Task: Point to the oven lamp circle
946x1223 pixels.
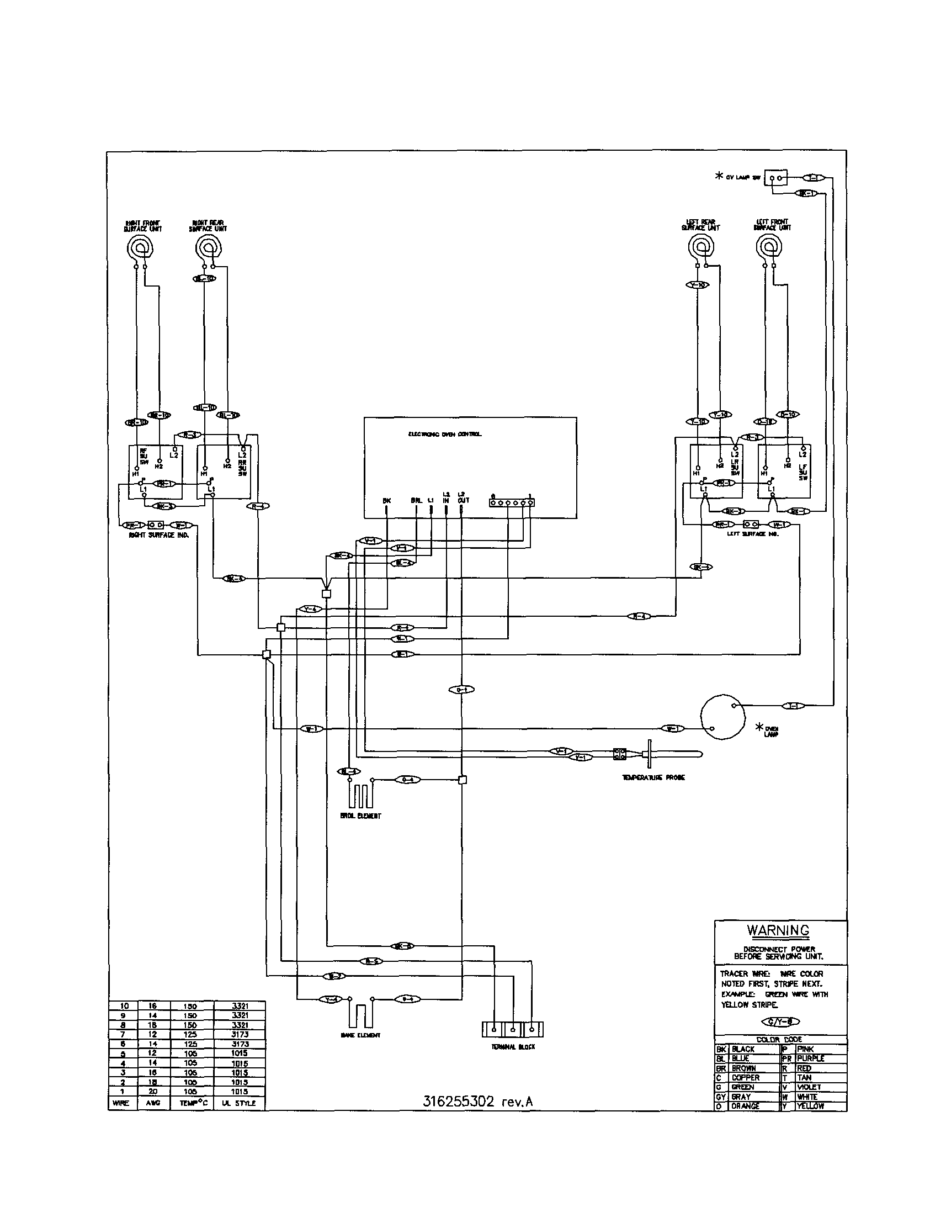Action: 723,717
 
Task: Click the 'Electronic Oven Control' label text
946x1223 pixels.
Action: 445,434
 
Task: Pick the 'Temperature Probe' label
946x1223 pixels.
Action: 653,777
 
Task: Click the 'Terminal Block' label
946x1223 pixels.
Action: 513,1047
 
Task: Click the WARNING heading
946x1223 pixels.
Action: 778,930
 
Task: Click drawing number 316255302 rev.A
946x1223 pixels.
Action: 477,1102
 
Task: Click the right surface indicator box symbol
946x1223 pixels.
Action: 155,525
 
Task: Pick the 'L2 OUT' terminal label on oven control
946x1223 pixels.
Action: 463,497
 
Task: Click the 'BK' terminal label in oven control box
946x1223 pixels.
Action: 386,501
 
